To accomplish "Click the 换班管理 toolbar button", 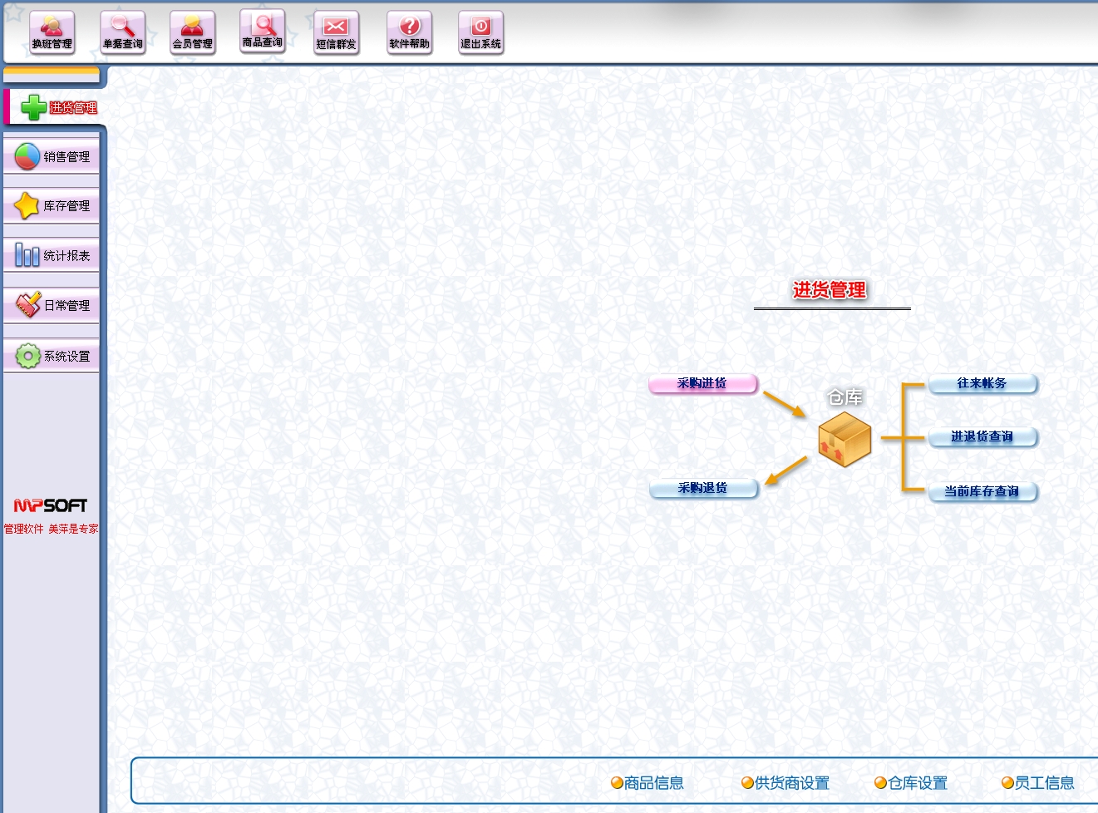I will pyautogui.click(x=52, y=33).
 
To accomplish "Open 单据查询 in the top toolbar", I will pyautogui.click(x=122, y=33).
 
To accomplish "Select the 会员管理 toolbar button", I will pyautogui.click(x=192, y=33).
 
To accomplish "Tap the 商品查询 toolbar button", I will pyautogui.click(x=262, y=32).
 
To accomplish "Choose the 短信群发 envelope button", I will pyautogui.click(x=336, y=33).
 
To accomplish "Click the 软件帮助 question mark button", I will pyautogui.click(x=409, y=33).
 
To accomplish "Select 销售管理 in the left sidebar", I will pyautogui.click(x=52, y=156).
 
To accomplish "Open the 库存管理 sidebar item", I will pyautogui.click(x=52, y=206).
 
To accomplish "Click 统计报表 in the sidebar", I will pyautogui.click(x=52, y=255).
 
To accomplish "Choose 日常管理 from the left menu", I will pyautogui.click(x=52, y=305).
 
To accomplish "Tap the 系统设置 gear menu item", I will pyautogui.click(x=52, y=356).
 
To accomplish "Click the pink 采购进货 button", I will pyautogui.click(x=702, y=383).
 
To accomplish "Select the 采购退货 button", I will pyautogui.click(x=703, y=488).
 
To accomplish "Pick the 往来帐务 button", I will pyautogui.click(x=982, y=383).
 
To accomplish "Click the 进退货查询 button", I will pyautogui.click(x=982, y=436).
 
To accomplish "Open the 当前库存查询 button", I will pyautogui.click(x=982, y=491).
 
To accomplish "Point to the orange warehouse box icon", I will pyautogui.click(x=844, y=439).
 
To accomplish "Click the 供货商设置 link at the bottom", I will pyautogui.click(x=785, y=783).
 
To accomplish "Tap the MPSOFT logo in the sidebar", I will pyautogui.click(x=51, y=505).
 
